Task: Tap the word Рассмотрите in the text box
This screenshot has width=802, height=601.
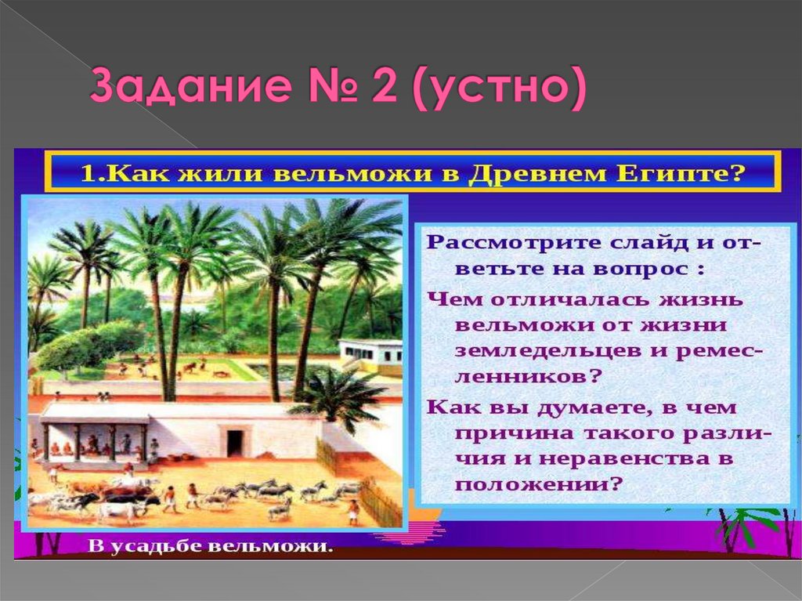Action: [503, 241]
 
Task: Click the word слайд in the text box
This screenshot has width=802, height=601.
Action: [627, 241]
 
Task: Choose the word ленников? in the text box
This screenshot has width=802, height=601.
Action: [528, 376]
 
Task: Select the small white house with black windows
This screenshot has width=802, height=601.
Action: [371, 352]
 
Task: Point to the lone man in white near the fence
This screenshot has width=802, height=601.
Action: [354, 511]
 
